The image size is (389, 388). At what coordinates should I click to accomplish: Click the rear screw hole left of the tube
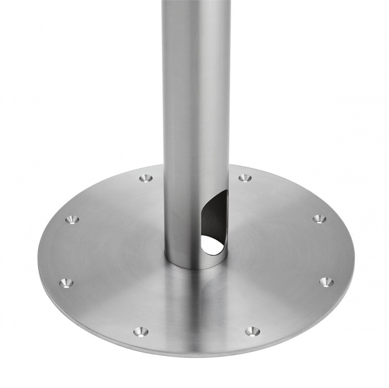tap(146, 177)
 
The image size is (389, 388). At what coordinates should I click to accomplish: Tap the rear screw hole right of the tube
tap(245, 177)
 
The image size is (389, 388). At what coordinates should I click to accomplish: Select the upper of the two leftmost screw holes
tap(72, 220)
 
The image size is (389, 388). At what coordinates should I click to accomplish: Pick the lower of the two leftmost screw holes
tap(67, 283)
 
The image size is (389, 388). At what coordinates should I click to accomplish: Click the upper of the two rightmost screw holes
tap(319, 219)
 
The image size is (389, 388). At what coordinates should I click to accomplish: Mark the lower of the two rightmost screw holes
tap(326, 281)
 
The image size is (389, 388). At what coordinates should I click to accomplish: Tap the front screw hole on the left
tap(140, 331)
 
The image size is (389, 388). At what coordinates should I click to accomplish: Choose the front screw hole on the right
tap(252, 330)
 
